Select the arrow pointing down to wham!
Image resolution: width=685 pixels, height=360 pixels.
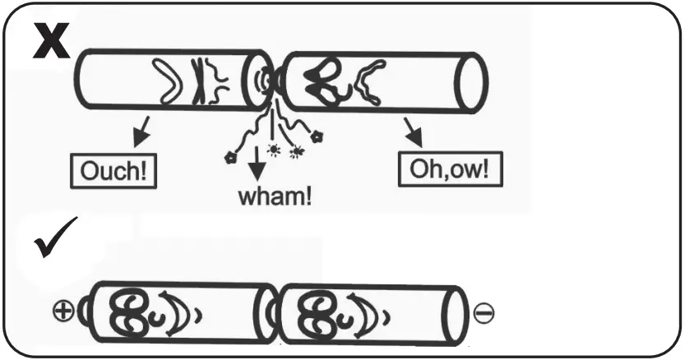pyautogui.click(x=257, y=165)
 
